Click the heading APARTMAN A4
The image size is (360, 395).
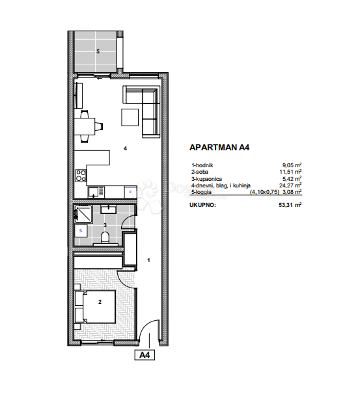(218, 148)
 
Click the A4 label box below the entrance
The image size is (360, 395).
(145, 355)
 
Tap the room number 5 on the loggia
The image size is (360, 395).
(98, 51)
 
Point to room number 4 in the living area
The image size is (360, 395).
(124, 148)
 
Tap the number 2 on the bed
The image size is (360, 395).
(100, 302)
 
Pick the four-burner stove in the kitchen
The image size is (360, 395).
(81, 176)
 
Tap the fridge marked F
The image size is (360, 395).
(130, 192)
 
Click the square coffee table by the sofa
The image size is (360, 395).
(130, 117)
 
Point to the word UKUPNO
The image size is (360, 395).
(202, 204)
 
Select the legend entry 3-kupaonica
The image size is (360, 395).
(206, 178)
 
